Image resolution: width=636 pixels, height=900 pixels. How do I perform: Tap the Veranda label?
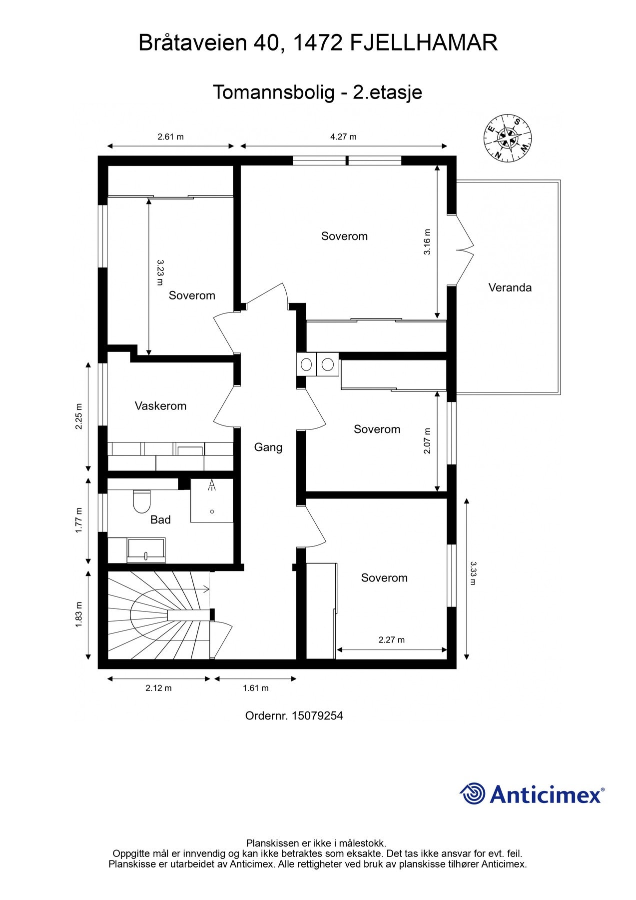click(510, 287)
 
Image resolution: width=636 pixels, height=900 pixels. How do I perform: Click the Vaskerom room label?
click(160, 406)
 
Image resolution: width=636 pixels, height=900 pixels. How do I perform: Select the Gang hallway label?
click(268, 447)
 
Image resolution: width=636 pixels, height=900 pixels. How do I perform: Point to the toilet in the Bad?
click(142, 501)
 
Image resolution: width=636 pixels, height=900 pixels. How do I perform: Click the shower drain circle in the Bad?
click(212, 511)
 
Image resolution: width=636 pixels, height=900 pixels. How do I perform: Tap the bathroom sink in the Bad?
click(146, 550)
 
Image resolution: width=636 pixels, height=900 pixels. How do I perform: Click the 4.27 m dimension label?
click(343, 136)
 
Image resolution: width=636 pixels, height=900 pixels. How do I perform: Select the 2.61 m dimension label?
click(170, 136)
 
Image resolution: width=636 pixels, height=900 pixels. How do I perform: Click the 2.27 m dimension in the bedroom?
click(391, 639)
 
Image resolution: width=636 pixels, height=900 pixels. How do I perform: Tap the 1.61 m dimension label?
click(255, 688)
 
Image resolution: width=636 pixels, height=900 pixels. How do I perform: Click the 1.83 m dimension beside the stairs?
click(79, 615)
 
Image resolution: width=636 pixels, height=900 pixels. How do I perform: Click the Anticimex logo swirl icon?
click(472, 793)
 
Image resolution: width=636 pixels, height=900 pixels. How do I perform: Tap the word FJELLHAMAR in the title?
click(424, 43)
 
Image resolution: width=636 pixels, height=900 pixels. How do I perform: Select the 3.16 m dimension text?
click(427, 242)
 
